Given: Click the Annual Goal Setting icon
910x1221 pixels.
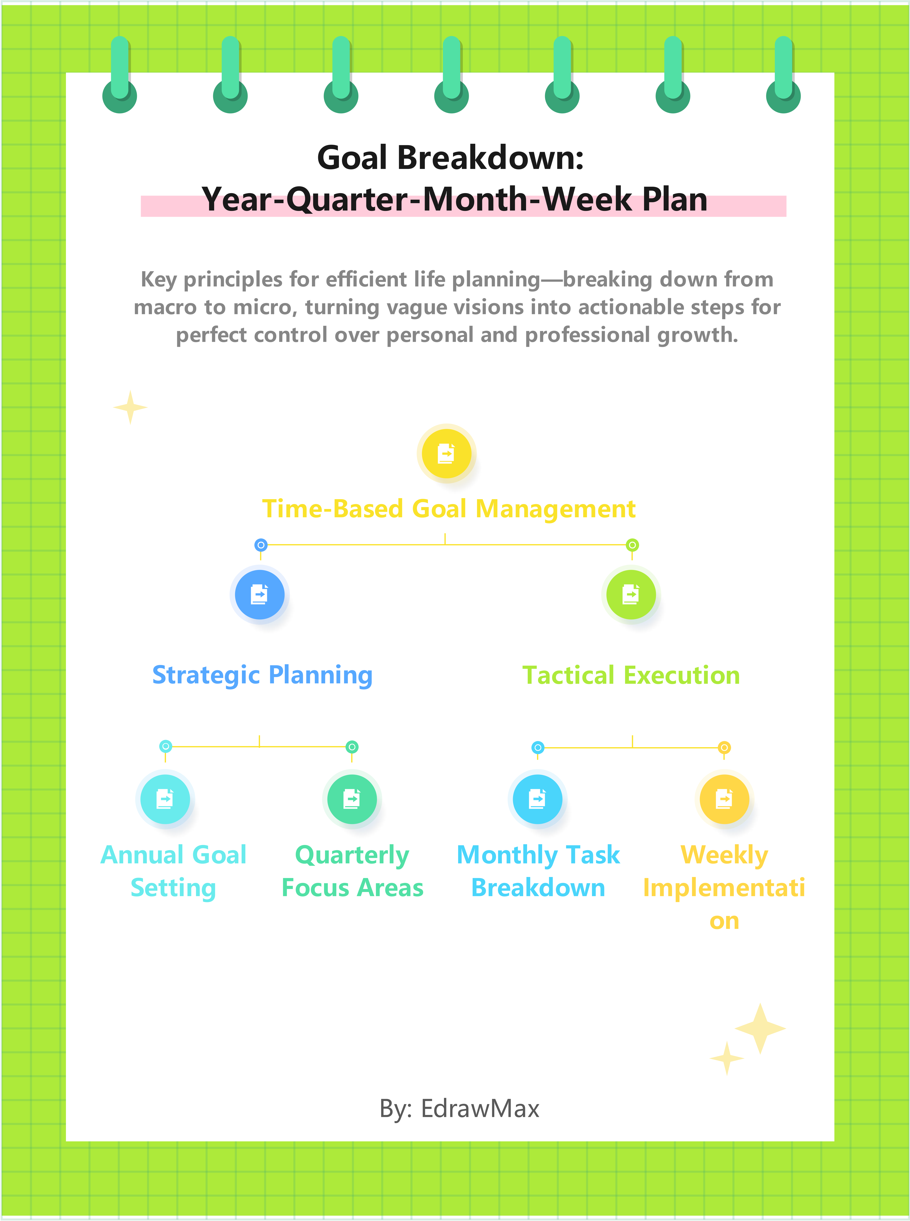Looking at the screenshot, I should coord(165,799).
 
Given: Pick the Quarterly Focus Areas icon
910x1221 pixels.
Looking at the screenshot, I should coord(351,799).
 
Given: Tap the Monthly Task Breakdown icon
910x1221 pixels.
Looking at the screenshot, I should coord(537,799).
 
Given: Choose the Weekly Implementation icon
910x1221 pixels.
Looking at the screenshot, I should coord(724,799).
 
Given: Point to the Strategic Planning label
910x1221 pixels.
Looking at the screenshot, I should coord(262,675).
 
